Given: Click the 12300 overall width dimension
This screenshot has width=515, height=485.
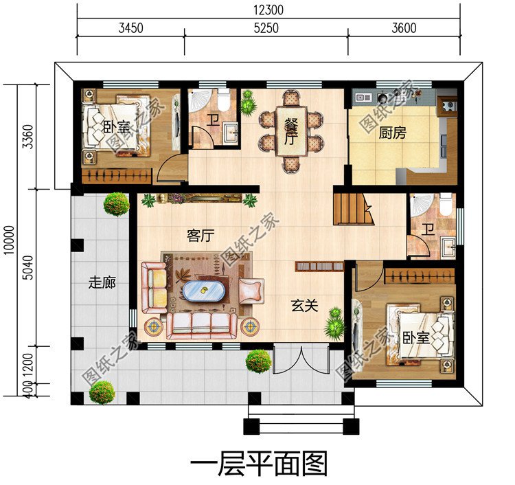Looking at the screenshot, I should click(268, 10).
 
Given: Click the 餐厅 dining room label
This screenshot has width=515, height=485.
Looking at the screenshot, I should click(290, 131).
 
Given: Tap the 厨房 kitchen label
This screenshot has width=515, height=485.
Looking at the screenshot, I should click(392, 133).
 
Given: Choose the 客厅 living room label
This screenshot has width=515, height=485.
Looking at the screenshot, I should click(201, 236).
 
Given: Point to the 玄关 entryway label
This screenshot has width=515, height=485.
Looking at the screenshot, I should click(304, 305).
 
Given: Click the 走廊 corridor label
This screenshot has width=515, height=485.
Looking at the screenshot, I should click(101, 282).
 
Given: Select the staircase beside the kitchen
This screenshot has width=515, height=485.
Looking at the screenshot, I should click(353, 209).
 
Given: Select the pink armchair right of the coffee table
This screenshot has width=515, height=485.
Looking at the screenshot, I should click(251, 291).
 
